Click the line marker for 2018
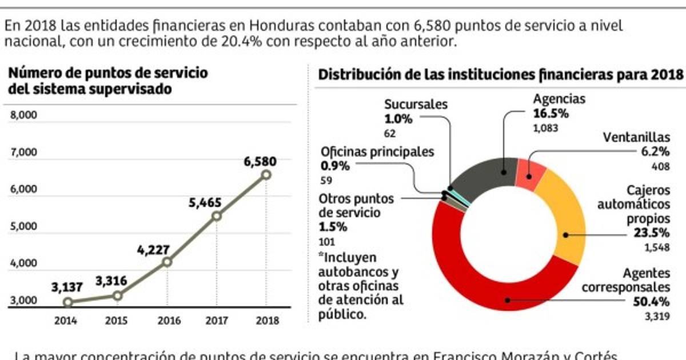[x=266, y=175]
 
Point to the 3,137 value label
[x=67, y=287]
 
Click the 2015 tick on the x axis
[x=117, y=320]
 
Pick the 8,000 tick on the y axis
[x=23, y=115]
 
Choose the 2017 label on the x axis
[x=216, y=320]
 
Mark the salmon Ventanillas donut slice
[x=530, y=174]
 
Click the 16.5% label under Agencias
[x=551, y=113]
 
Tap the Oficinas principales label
[x=377, y=152]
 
